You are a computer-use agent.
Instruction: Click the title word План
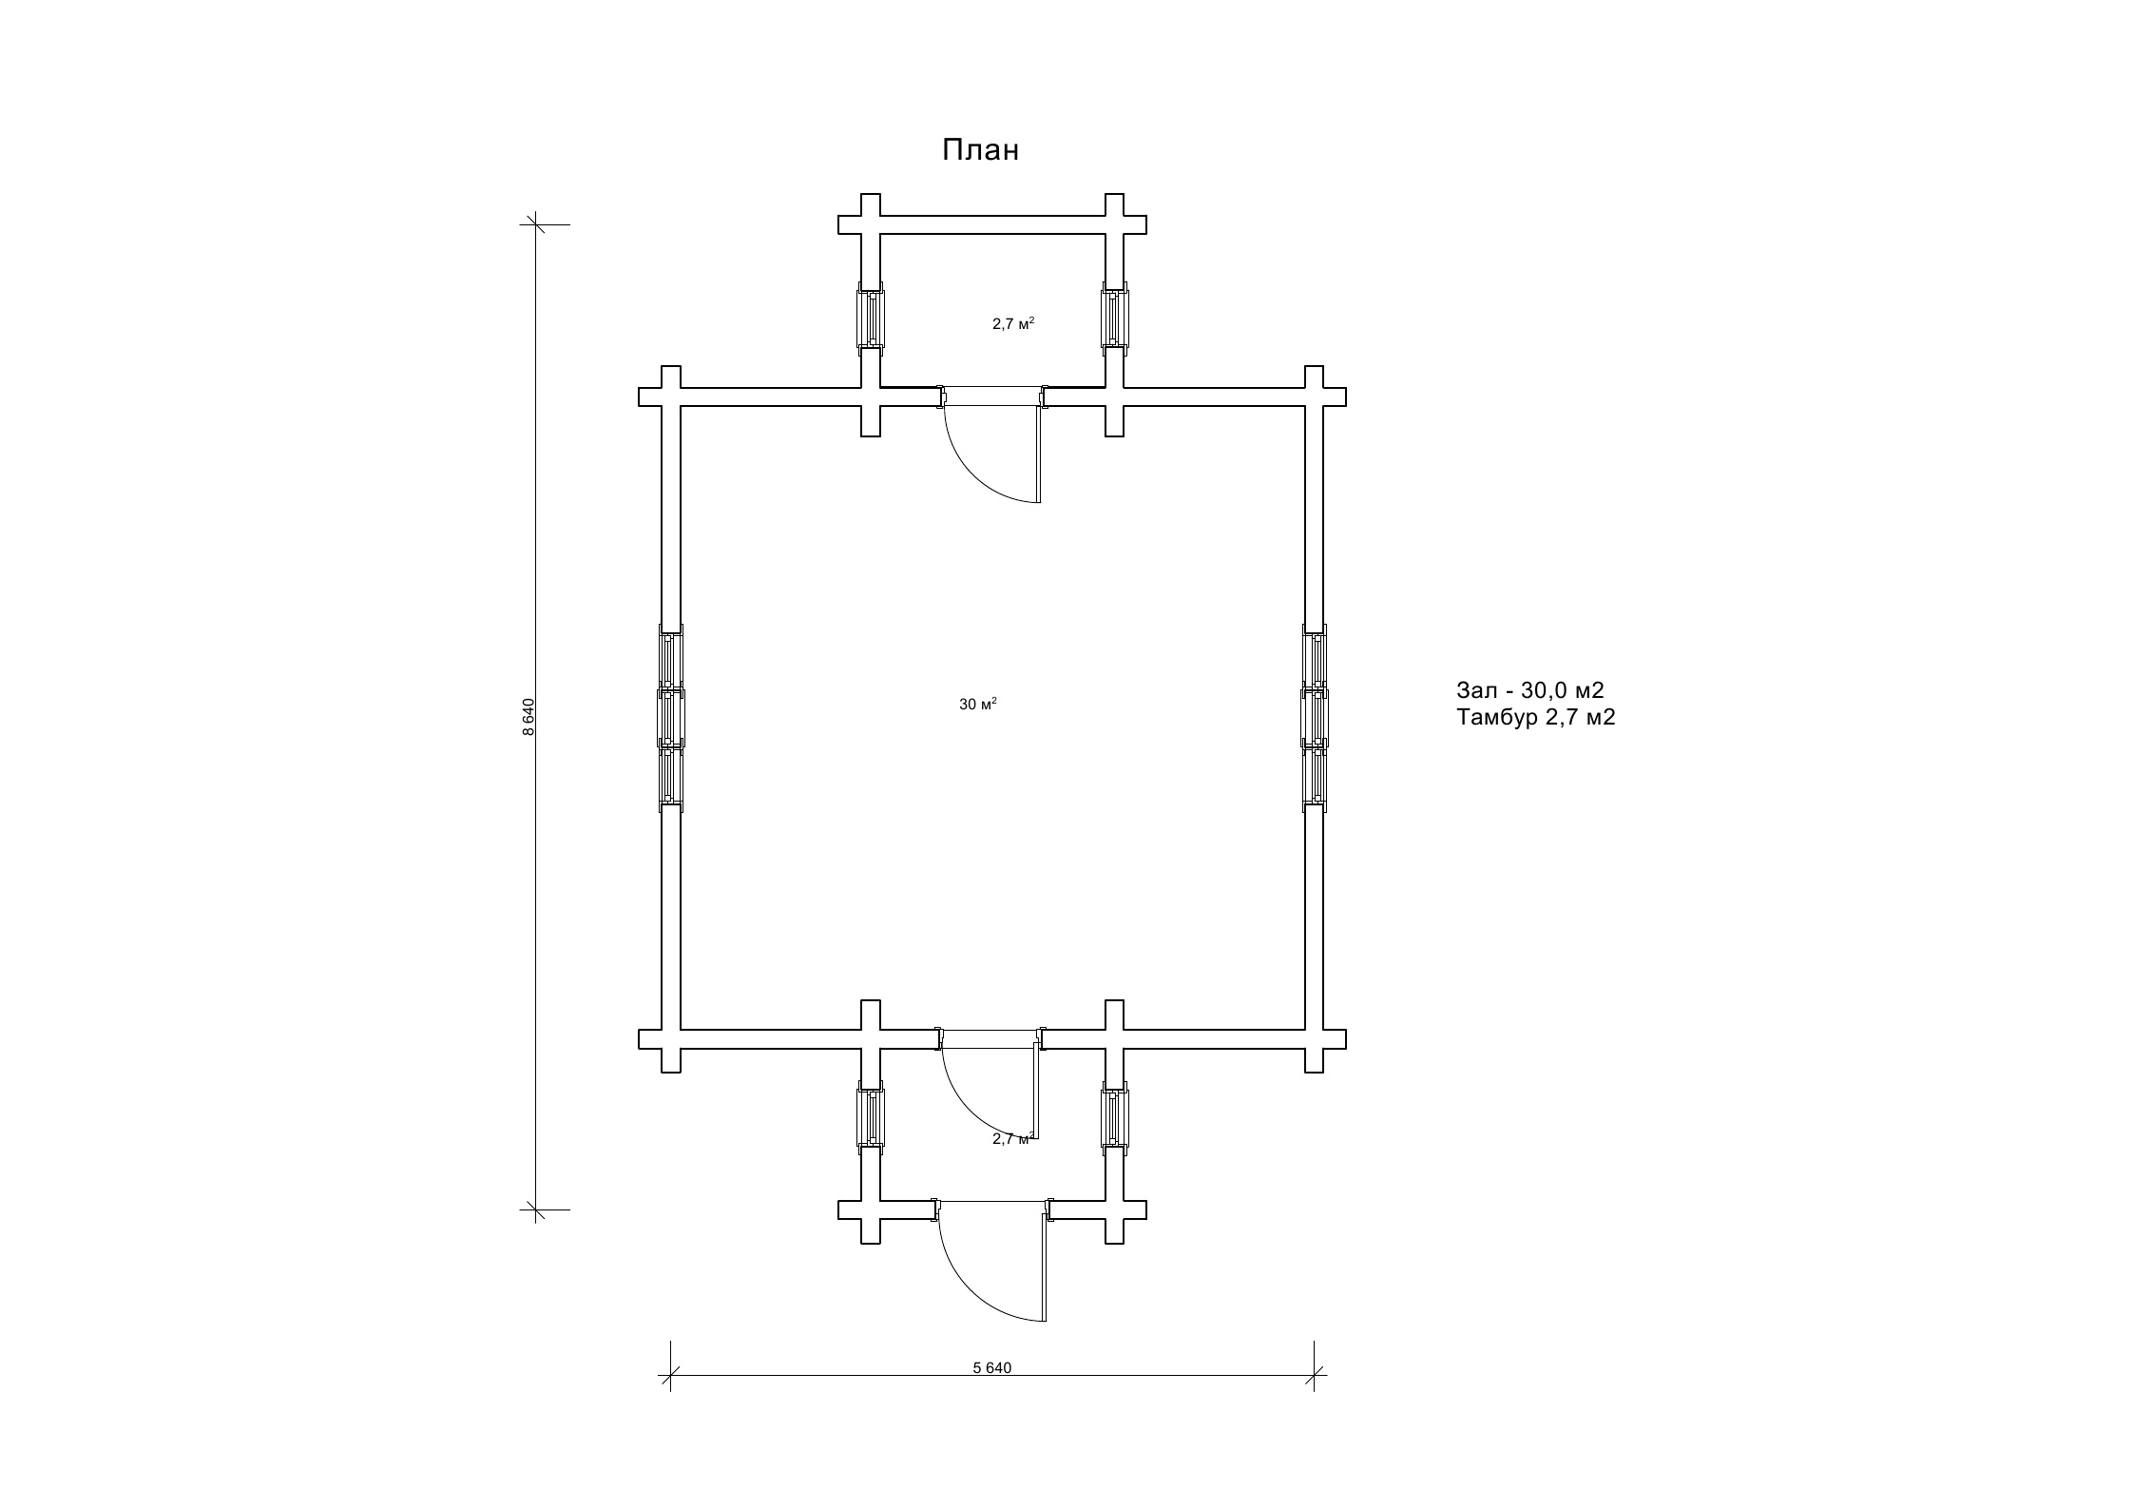[x=980, y=150]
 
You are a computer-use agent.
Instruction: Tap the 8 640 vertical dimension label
[x=529, y=717]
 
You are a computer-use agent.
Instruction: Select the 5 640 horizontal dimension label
[x=992, y=1367]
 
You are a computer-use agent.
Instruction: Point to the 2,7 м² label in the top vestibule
[x=1013, y=323]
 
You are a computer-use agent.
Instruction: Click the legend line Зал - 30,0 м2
[x=1530, y=690]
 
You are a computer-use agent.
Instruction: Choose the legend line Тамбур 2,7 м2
[x=1536, y=718]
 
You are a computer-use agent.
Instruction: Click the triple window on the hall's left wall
[x=671, y=717]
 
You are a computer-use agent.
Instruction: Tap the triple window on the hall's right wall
[x=1315, y=717]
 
